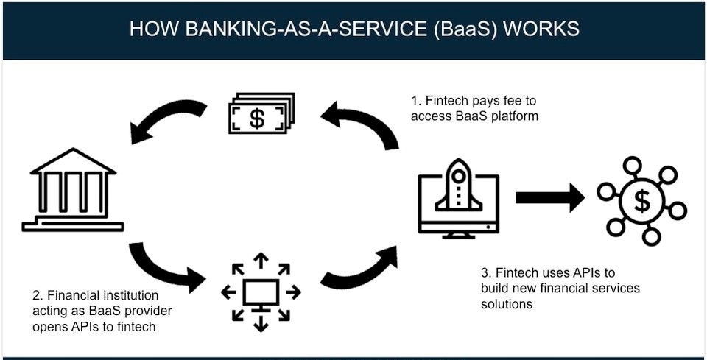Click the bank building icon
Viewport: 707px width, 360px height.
tap(73, 191)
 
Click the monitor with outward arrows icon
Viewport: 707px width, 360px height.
tap(261, 292)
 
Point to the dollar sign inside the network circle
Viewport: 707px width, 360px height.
tap(641, 200)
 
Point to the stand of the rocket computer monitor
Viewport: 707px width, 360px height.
tap(458, 234)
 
